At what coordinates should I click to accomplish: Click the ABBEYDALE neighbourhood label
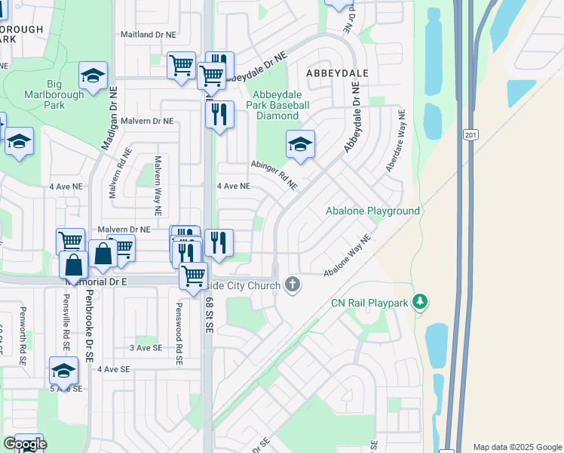coord(336,72)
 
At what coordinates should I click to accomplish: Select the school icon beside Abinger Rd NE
coord(300,143)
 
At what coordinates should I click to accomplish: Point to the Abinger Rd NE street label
coord(274,174)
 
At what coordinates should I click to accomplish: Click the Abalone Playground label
coord(372,211)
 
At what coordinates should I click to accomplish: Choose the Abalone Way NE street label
coord(348,256)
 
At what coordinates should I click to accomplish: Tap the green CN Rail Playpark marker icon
coord(421,303)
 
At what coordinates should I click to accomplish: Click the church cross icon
coord(293,285)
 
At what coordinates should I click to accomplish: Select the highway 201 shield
coord(471,134)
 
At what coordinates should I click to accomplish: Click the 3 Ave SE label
coord(146,347)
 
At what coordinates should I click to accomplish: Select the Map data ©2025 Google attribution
coord(516,447)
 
